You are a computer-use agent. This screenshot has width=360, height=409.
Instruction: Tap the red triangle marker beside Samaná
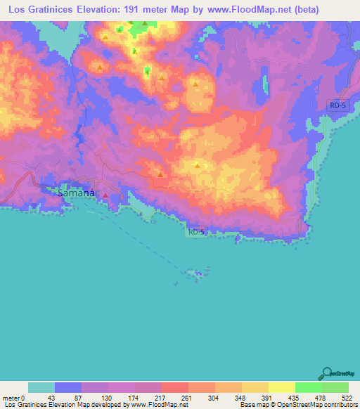pyautogui.click(x=105, y=195)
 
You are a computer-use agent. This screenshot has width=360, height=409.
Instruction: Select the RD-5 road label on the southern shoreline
pyautogui.click(x=197, y=231)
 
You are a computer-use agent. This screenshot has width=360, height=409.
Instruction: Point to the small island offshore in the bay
pyautogui.click(x=193, y=273)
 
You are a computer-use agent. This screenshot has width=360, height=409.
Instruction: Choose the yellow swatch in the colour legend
pyautogui.click(x=282, y=387)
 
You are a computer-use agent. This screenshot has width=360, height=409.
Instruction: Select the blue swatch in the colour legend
pyautogui.click(x=68, y=387)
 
